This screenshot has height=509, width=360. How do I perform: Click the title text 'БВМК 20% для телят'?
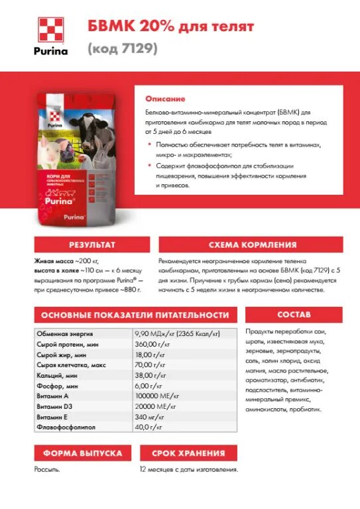click(x=170, y=27)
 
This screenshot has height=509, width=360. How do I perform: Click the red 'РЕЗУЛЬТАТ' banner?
click(x=88, y=245)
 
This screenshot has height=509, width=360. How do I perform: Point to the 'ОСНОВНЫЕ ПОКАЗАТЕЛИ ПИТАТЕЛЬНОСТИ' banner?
click(x=135, y=315)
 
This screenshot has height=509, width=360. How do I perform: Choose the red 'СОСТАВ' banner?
click(x=294, y=314)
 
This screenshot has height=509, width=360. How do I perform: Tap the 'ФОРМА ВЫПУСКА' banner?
click(x=83, y=453)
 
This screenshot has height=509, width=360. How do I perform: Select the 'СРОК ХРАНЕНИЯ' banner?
click(x=188, y=453)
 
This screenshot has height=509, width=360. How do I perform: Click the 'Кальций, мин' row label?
click(x=58, y=375)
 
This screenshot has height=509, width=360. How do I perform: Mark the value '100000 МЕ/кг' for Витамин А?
click(x=159, y=396)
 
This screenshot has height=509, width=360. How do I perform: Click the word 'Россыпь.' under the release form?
click(x=48, y=469)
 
